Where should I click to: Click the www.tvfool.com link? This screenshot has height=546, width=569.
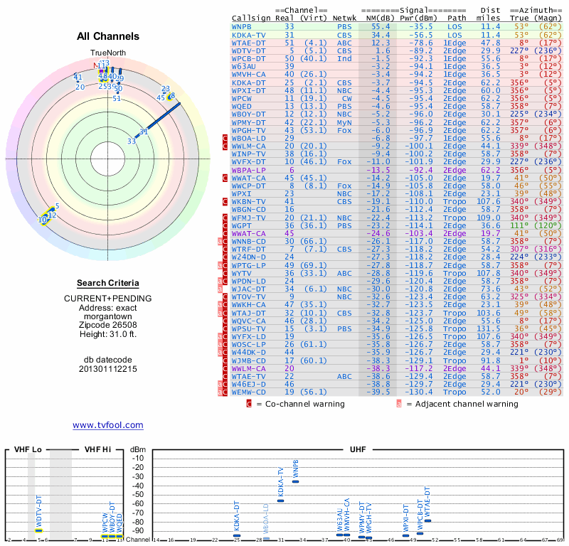pos(107,425)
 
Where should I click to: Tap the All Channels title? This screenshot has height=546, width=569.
pos(108,36)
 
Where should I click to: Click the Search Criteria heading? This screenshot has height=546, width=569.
pos(107,283)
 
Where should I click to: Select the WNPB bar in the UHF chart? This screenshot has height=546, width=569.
pos(296,481)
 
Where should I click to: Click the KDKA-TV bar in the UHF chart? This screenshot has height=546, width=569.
pos(280,500)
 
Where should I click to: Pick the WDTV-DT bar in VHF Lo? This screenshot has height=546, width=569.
pos(39,530)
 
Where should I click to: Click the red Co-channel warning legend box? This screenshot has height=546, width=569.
pos(249,404)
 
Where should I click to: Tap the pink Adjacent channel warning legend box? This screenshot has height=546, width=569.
pos(399,404)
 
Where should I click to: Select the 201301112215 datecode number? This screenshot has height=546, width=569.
pos(107,369)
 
